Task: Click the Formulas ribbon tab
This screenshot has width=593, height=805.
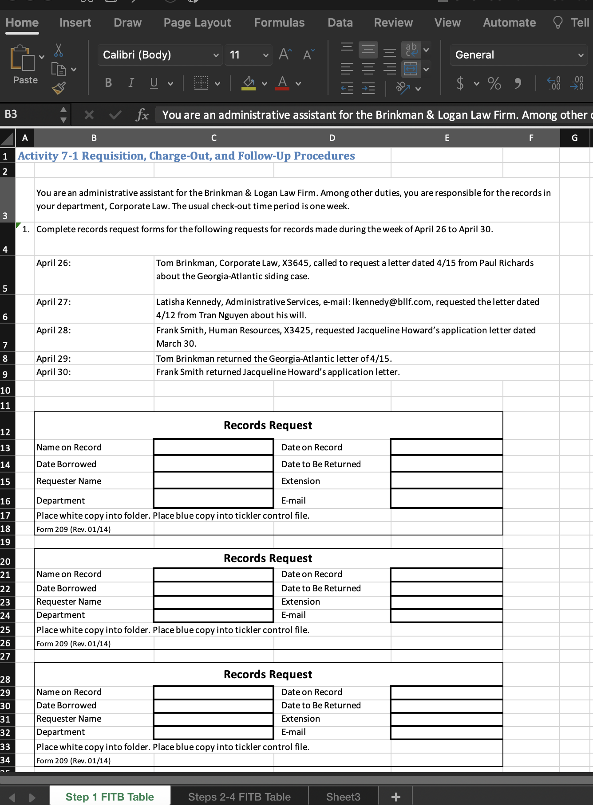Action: coord(279,23)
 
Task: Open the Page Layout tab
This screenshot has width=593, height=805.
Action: coord(197,23)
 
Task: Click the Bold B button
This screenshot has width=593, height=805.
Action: coord(108,83)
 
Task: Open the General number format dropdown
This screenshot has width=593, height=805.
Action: coord(518,55)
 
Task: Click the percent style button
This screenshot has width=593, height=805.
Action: coord(494,83)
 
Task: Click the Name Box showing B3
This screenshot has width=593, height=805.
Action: coord(31,114)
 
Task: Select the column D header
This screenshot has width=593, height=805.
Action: coord(332,138)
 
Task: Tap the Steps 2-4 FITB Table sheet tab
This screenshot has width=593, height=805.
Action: coord(239,797)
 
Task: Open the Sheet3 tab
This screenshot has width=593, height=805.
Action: coord(343,797)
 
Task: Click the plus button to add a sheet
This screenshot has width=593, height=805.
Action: coord(395,797)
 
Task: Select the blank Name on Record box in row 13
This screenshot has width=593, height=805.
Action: coord(213,447)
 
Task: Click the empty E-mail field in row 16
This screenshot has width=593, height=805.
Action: coord(447,499)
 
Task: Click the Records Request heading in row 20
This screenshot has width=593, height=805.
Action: coord(268,558)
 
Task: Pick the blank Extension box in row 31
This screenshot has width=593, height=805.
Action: coord(447,719)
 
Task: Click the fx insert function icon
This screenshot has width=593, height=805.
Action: coord(142,115)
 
